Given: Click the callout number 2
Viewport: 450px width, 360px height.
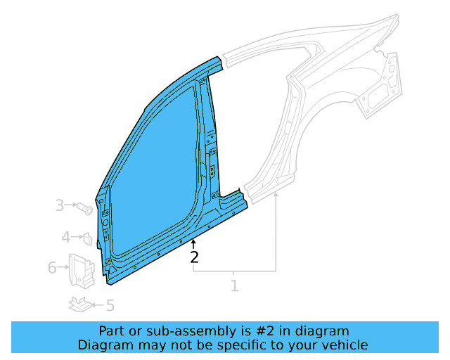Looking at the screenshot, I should click(x=195, y=257).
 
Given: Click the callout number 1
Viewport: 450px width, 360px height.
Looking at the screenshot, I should click(x=234, y=285).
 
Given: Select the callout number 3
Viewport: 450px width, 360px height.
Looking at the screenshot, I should click(x=60, y=205).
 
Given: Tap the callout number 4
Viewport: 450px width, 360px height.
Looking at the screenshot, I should click(x=65, y=238).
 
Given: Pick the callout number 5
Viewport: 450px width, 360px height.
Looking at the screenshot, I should click(x=110, y=305).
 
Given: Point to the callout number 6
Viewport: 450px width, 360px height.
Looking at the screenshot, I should click(x=52, y=268).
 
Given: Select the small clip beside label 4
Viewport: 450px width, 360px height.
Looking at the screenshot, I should click(x=88, y=238).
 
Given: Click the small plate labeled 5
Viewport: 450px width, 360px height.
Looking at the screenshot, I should click(x=80, y=304).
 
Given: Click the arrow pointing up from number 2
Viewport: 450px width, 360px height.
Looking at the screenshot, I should click(x=195, y=244).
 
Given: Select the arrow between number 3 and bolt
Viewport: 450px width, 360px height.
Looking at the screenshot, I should click(x=72, y=205).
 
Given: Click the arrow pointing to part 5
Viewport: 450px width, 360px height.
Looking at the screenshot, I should click(x=98, y=305).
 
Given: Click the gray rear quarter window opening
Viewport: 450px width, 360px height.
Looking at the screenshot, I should click(x=330, y=77).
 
